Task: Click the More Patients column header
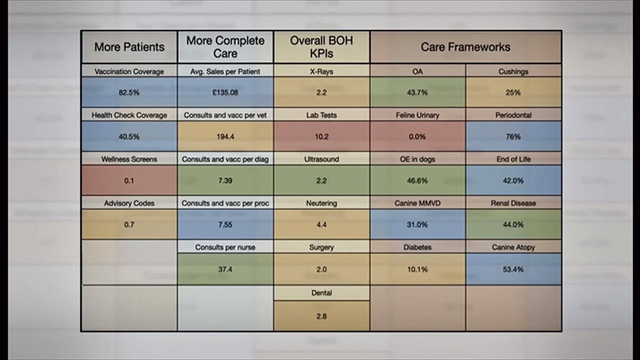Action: click(129, 47)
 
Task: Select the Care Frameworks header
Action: click(465, 47)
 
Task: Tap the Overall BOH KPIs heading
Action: click(321, 47)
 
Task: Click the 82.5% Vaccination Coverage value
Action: click(129, 92)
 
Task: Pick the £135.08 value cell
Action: click(225, 92)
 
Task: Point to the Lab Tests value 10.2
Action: click(321, 136)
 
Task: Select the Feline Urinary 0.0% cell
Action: click(417, 136)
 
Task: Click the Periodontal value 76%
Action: click(513, 136)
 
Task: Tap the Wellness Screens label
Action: click(129, 159)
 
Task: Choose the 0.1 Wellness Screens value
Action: click(129, 180)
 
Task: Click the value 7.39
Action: click(225, 180)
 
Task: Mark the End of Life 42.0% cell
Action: click(513, 180)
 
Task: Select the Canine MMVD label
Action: click(417, 203)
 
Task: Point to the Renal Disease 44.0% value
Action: click(513, 224)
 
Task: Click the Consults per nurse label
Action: click(225, 247)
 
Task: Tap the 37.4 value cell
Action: click(225, 269)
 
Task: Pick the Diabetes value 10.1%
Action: click(417, 269)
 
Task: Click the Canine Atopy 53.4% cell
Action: click(513, 269)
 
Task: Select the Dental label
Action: click(321, 293)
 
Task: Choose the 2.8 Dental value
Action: click(321, 316)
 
